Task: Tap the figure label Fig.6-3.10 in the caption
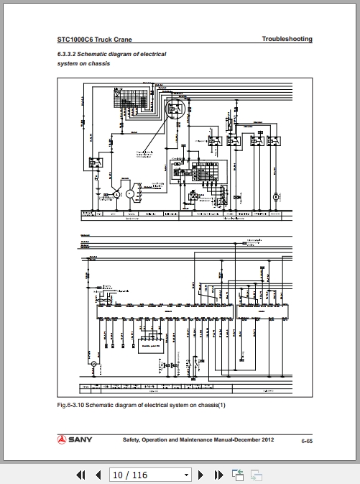(x=72, y=404)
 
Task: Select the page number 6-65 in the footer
(x=306, y=440)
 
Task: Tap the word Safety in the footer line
(x=132, y=439)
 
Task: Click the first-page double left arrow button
(x=80, y=475)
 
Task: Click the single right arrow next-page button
(x=200, y=475)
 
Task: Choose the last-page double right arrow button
(x=218, y=475)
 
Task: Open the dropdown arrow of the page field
(x=187, y=475)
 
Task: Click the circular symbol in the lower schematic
(x=93, y=365)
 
